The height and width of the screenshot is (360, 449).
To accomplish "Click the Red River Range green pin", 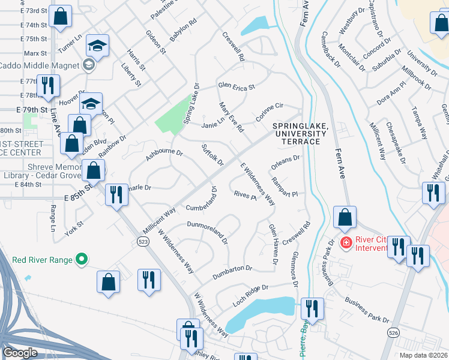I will (x=82, y=260).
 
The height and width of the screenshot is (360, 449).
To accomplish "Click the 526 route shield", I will (x=394, y=338).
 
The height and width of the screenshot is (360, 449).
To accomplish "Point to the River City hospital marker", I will (x=346, y=242).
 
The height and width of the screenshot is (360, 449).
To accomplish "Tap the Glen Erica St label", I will (x=237, y=86).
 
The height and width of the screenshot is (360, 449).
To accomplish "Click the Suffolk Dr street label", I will (x=213, y=155).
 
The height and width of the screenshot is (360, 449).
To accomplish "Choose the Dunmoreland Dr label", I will (x=208, y=232).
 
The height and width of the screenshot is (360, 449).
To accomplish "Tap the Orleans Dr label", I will (x=285, y=160).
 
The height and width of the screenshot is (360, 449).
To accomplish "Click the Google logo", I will (x=20, y=353).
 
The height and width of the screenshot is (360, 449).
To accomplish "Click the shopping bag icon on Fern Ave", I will (x=345, y=217).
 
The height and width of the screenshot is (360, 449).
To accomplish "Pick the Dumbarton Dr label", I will (x=232, y=272).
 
